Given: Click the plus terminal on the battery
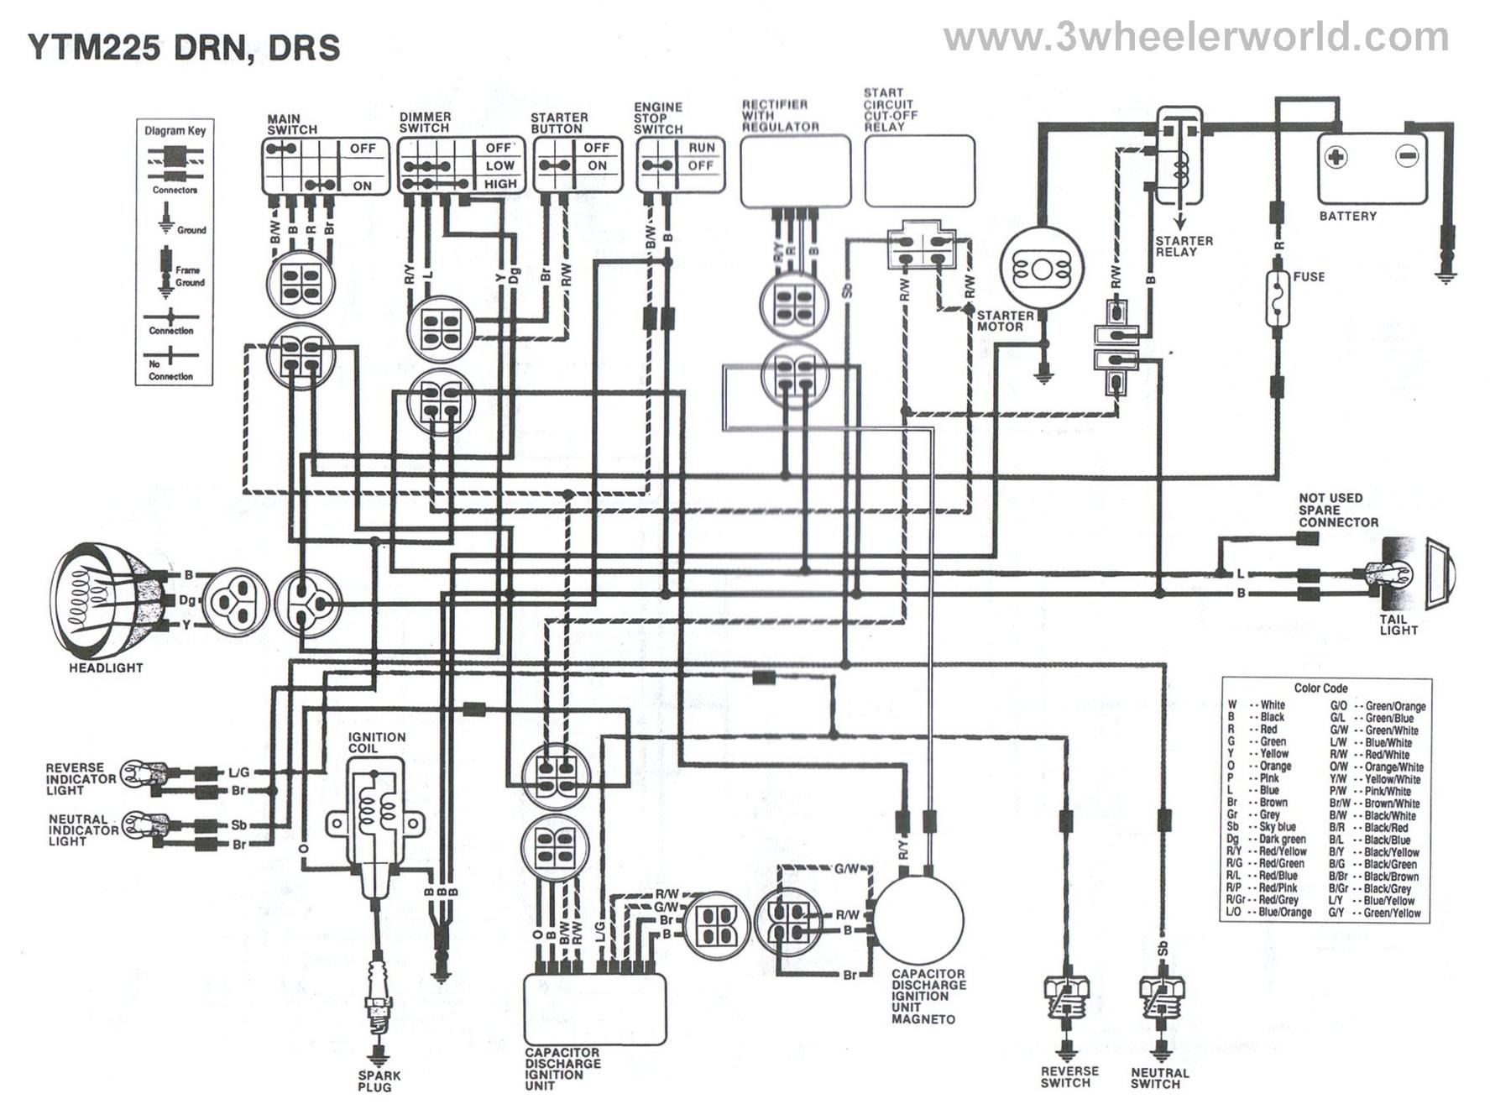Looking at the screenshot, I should click(x=1336, y=156).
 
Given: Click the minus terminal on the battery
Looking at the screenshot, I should click(x=1407, y=156).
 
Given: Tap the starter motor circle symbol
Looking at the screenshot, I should click(x=1042, y=270).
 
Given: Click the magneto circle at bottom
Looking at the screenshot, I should click(x=918, y=919).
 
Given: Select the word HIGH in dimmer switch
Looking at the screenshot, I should click(x=500, y=184).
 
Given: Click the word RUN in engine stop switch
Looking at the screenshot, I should click(x=702, y=148).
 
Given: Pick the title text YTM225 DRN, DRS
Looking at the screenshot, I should click(x=184, y=48).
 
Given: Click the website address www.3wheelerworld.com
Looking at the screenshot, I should click(x=1195, y=38).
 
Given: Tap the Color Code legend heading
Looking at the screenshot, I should click(x=1320, y=688).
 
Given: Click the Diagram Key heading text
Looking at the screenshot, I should click(x=175, y=131).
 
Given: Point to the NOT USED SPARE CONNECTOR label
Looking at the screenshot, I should click(x=1337, y=510).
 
